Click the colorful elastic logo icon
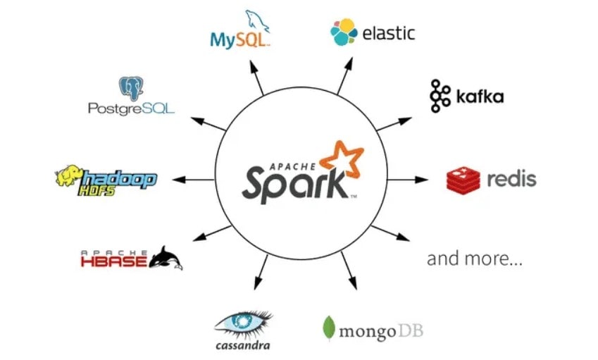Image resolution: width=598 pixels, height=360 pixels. point(344,32)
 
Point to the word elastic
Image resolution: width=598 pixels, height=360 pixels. point(388,33)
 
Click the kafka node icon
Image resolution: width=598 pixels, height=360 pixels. point(440,97)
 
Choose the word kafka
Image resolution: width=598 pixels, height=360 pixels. point(478,97)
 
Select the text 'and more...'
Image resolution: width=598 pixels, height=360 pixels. point(475,259)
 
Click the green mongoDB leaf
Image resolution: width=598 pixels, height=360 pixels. point(328,328)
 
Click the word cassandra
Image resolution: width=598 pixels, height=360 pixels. point(243,345)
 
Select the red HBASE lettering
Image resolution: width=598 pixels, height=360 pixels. point(113,262)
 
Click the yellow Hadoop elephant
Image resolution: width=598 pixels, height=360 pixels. point(70,178)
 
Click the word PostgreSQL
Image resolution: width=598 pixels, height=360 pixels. point(131,108)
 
